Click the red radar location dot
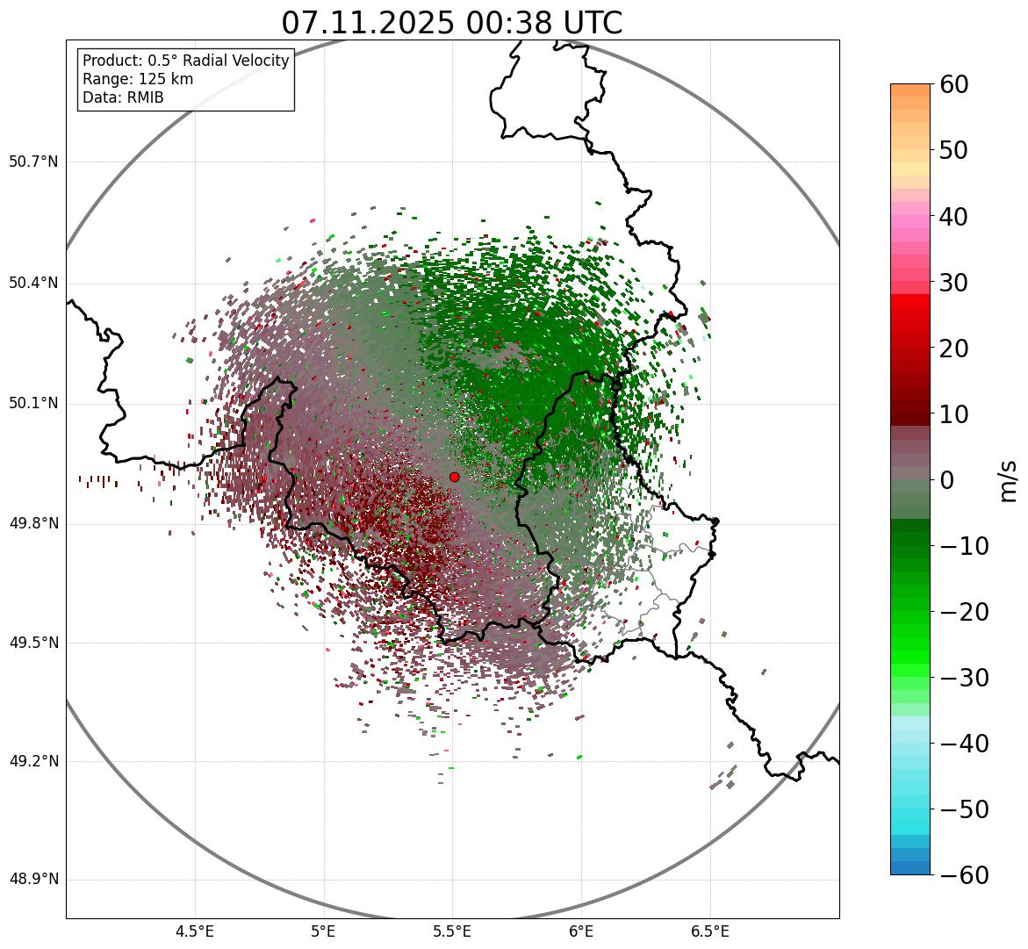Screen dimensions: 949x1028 pyautogui.click(x=454, y=477)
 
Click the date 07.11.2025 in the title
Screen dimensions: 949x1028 pyautogui.click(x=367, y=23)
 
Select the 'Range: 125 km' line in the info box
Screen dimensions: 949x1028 pyautogui.click(x=138, y=79)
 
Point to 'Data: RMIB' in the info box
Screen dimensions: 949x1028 pyautogui.click(x=123, y=97)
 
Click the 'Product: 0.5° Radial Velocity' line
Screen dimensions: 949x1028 pyautogui.click(x=185, y=61)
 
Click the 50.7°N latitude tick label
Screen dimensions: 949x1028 pyautogui.click(x=33, y=162)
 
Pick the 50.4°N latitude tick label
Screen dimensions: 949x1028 pyautogui.click(x=33, y=283)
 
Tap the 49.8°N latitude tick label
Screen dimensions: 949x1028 pyautogui.click(x=33, y=523)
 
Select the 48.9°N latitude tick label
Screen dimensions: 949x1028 pyautogui.click(x=33, y=880)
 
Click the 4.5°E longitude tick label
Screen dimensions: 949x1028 pyautogui.click(x=195, y=931)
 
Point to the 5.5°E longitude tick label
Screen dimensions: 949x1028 pyautogui.click(x=452, y=931)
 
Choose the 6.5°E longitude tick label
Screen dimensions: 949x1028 pyautogui.click(x=709, y=931)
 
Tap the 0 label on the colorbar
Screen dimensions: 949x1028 pyautogui.click(x=946, y=480)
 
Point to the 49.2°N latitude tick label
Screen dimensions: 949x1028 pyautogui.click(x=33, y=761)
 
